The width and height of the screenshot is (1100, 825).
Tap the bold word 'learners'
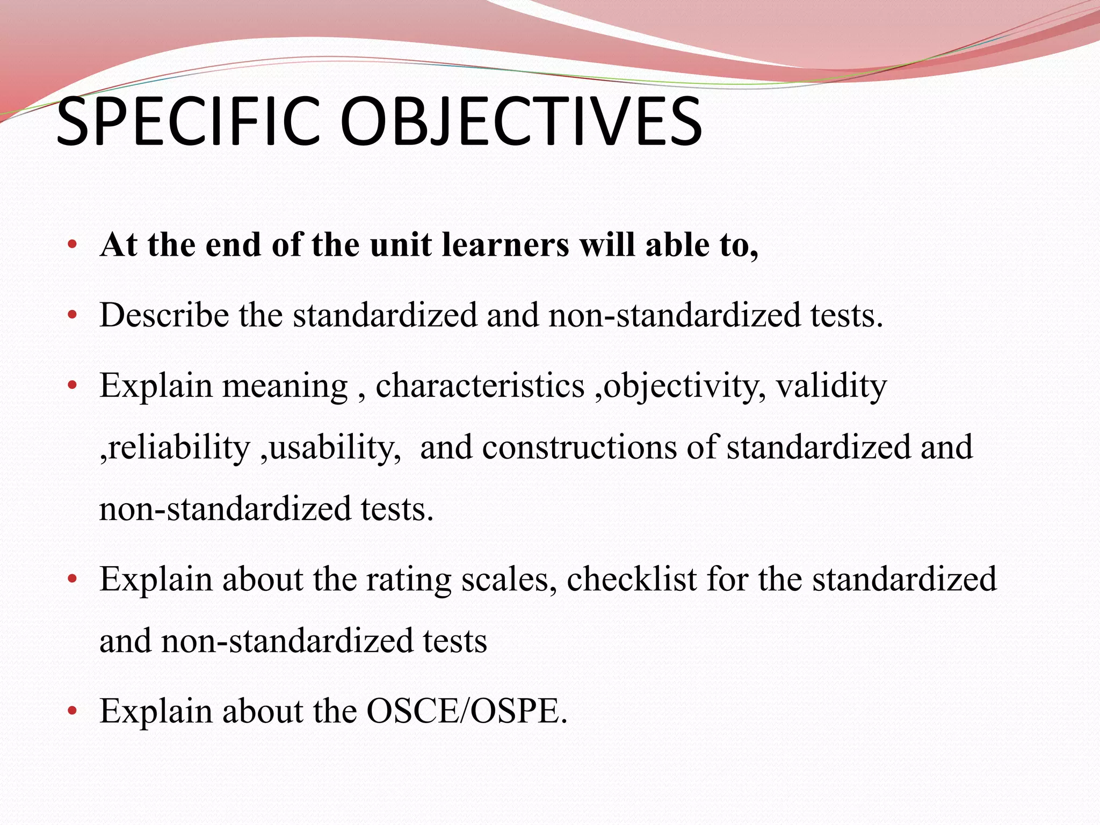click(x=505, y=245)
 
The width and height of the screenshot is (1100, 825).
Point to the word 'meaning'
click(x=285, y=387)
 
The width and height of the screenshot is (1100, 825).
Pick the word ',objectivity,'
click(x=681, y=387)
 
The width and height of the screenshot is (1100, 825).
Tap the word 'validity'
click(x=831, y=387)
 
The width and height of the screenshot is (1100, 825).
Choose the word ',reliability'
click(x=175, y=448)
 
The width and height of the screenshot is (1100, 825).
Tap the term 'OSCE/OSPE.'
click(x=467, y=711)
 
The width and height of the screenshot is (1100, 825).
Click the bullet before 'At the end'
click(x=73, y=246)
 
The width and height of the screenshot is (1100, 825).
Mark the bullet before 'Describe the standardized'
click(x=73, y=315)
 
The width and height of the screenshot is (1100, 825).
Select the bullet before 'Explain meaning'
click(x=73, y=386)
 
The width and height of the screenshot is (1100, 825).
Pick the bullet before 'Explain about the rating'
click(x=73, y=580)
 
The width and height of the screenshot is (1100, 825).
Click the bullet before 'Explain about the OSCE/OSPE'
click(x=73, y=712)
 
